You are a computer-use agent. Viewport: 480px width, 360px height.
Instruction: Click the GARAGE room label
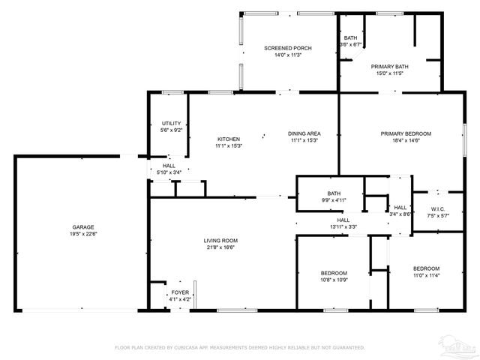coord(82,226)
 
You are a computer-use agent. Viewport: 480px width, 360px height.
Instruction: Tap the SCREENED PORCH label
coord(287,48)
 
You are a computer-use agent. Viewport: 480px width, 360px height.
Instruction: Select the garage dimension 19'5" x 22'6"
coord(82,233)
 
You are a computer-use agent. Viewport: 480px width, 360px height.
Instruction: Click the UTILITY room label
coord(172,123)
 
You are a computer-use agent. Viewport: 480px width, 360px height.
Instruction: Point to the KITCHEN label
coord(229,139)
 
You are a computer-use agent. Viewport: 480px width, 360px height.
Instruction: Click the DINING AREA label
coord(303,133)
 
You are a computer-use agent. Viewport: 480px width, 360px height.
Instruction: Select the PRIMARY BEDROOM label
coord(405,133)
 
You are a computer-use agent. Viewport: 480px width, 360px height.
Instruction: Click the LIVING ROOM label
coord(220,240)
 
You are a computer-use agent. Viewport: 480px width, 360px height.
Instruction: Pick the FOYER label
coord(180,292)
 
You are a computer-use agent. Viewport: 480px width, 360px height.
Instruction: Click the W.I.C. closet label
coord(439,208)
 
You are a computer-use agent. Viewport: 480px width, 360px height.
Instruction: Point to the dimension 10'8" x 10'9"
coord(334,280)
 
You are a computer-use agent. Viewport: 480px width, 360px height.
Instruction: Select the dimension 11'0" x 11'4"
coord(426,275)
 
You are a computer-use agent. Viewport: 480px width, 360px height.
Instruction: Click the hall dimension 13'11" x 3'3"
coord(342,226)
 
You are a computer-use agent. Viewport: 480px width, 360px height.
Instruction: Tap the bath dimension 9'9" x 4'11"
coord(334,200)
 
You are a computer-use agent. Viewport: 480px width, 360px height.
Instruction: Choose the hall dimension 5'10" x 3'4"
coord(169,172)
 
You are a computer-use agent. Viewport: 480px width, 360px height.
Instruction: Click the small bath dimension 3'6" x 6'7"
coord(350,45)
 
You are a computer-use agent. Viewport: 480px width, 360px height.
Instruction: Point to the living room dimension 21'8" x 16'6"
coord(220,247)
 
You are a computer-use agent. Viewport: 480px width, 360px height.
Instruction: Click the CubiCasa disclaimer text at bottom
coord(239,347)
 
